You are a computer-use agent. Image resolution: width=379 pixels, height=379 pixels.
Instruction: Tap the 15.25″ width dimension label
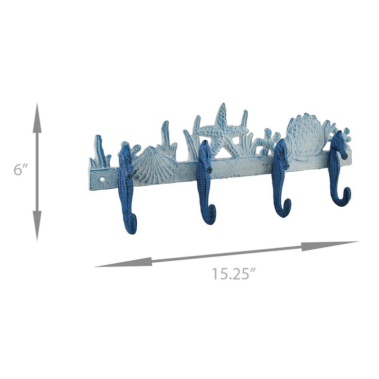[234, 274]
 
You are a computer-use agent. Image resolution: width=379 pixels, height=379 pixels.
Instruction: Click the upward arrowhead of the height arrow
[37, 118]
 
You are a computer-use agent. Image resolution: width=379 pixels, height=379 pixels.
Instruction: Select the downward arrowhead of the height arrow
[37, 226]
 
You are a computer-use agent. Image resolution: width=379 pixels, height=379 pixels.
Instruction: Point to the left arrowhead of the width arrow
[123, 262]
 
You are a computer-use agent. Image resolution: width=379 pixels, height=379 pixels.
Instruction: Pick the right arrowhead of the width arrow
[330, 246]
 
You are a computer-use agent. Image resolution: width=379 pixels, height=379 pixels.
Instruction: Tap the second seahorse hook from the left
[206, 182]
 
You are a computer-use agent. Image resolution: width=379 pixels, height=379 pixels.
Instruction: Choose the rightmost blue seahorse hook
[338, 170]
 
